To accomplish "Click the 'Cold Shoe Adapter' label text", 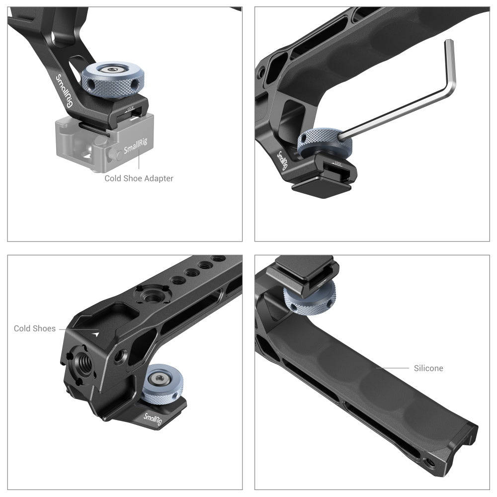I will (x=139, y=178).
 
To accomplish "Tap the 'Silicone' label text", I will (x=428, y=368).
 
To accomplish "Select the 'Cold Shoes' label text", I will (x=35, y=329).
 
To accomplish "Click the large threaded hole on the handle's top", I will (x=148, y=297).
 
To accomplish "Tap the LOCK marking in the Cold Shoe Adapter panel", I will (x=131, y=107).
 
